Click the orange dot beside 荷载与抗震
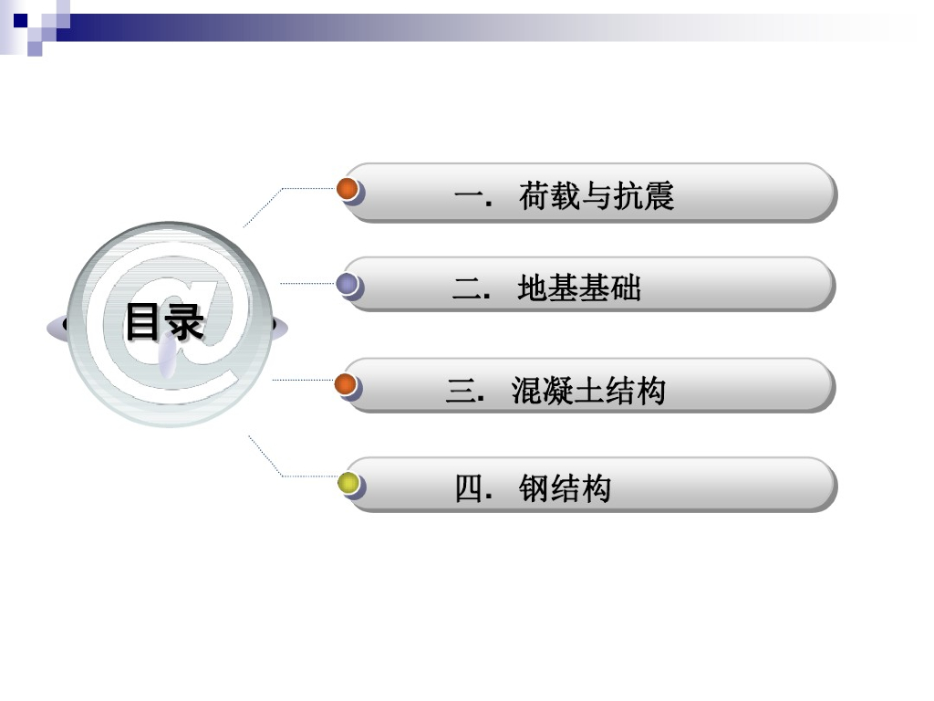348,190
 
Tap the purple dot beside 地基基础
347,284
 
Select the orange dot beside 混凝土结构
347,385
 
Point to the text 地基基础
578,288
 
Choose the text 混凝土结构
588,391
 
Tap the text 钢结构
565,489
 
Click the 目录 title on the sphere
164,321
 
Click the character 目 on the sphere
143,321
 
